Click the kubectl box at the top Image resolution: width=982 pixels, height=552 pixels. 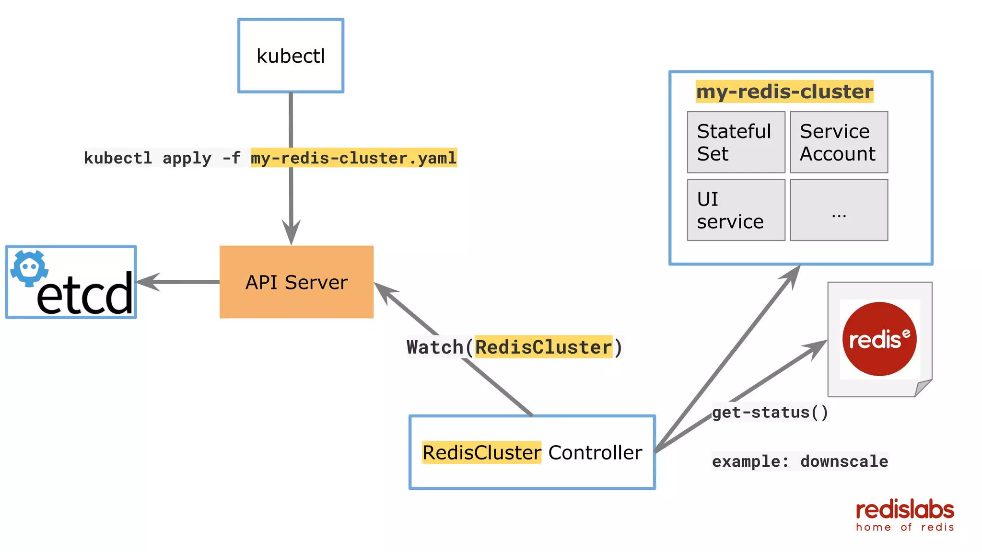pos(291,56)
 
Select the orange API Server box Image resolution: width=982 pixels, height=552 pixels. pos(296,282)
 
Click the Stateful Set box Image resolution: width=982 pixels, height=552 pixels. pos(736,142)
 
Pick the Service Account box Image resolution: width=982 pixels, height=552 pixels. pos(839,142)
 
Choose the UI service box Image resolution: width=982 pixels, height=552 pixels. pos(736,210)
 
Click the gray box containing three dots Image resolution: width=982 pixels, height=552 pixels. pos(839,210)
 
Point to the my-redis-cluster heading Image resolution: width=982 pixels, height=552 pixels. pos(784,92)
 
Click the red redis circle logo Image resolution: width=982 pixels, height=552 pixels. pos(879,339)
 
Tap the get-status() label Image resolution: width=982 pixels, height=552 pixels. pos(770,412)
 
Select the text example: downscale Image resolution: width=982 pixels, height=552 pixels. pos(800,461)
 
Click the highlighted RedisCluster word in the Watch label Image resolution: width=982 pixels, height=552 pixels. pos(543,347)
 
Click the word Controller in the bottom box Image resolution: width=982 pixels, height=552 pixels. pos(595,452)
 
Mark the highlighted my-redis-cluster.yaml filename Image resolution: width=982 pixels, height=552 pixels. pos(353,158)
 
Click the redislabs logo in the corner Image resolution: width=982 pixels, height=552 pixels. pos(905,515)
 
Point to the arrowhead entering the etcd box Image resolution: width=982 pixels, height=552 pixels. pos(146,282)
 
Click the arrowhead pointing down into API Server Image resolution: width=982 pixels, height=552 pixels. pos(291,233)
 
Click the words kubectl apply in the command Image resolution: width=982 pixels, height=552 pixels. pos(147,158)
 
